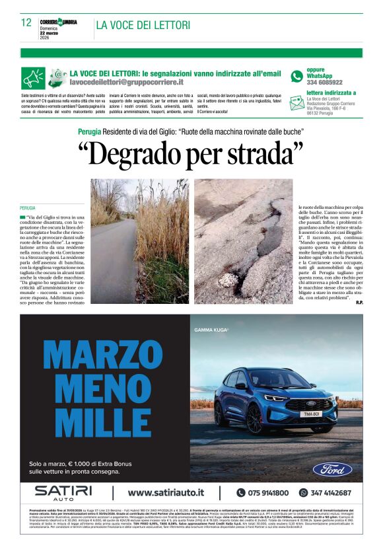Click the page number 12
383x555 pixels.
coord(26,22)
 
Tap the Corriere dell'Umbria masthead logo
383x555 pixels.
coord(59,22)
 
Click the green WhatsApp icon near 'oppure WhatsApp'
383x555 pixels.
coord(297,77)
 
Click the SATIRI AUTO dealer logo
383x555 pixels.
coord(63,492)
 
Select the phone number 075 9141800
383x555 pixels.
coord(268,493)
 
